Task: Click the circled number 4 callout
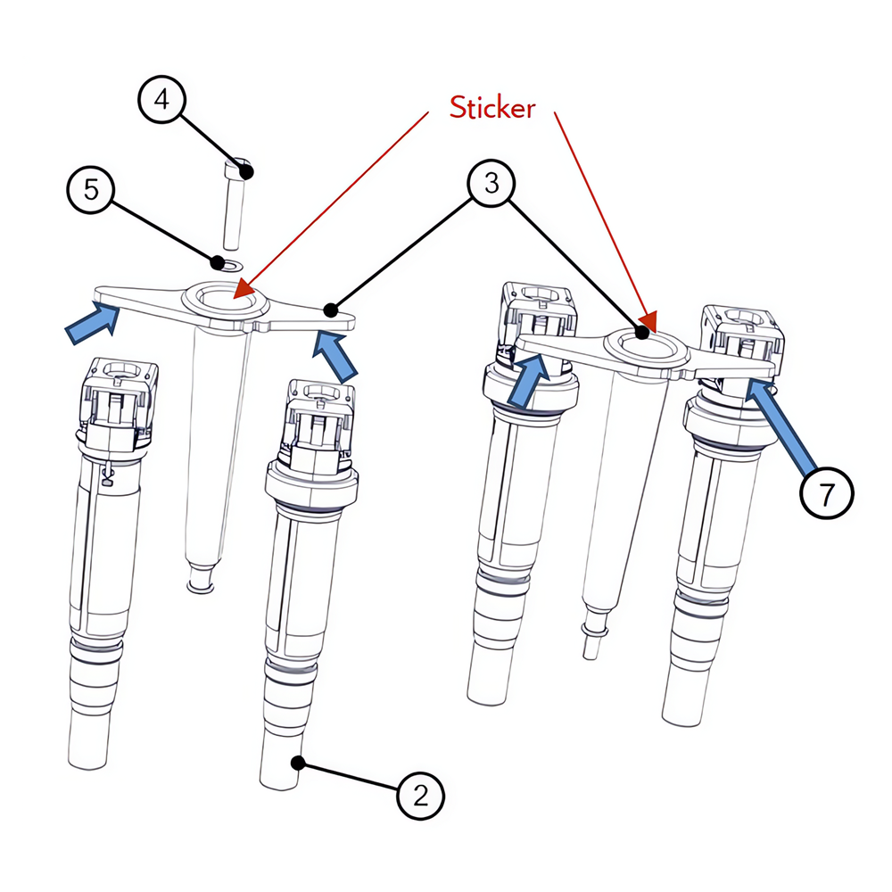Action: point(161,100)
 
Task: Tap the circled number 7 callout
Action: point(826,491)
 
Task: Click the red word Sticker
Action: point(492,108)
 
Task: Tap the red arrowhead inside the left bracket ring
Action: point(243,290)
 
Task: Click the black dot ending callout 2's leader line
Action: point(298,762)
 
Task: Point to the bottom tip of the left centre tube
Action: point(199,586)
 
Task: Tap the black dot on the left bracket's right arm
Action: point(332,310)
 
